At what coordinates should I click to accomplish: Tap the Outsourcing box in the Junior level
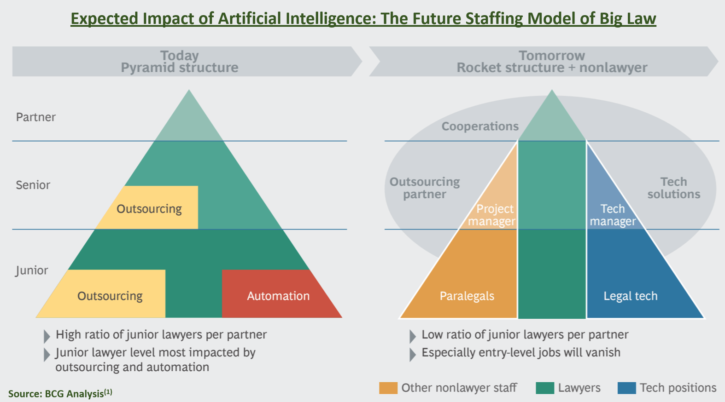point(107,294)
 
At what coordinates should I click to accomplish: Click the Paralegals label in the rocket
point(467,296)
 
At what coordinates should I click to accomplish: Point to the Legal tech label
point(631,296)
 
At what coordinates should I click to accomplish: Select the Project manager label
point(491,215)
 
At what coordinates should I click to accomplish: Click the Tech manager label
point(613,215)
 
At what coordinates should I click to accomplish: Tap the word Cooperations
point(480,126)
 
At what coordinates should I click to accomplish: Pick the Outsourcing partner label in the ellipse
point(425,188)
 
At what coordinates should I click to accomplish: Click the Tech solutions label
point(673,188)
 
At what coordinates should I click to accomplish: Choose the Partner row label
point(35,117)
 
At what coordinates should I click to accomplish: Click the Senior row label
point(33,185)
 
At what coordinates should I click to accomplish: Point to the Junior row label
point(32,270)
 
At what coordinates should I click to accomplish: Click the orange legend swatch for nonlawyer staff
point(388,388)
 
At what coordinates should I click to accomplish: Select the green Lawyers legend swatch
point(545,388)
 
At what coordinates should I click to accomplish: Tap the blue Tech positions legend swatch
point(626,388)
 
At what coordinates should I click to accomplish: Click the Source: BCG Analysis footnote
point(60,393)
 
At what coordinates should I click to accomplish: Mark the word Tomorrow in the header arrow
point(552,56)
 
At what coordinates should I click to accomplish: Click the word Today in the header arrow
point(179,56)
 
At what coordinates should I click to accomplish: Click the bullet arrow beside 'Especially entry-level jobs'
point(413,355)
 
